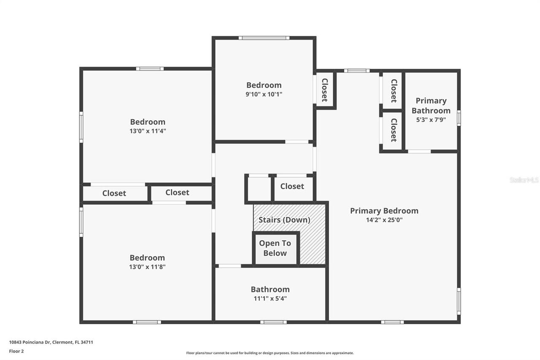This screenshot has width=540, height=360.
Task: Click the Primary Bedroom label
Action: (384, 211)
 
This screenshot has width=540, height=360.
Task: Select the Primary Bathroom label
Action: (431, 106)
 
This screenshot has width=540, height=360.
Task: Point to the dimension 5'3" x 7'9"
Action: (431, 119)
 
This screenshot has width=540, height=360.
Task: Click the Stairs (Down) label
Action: (284, 220)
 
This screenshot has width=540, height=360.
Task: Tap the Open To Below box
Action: (275, 248)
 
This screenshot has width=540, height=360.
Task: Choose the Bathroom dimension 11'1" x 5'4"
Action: (270, 298)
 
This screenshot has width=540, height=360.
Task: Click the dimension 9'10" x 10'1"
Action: (264, 94)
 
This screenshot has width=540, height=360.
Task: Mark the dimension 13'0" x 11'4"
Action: (147, 131)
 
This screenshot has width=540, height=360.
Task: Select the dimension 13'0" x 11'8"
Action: (147, 267)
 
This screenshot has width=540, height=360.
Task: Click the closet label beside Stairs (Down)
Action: (292, 186)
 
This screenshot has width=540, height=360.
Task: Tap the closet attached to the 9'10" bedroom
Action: (324, 90)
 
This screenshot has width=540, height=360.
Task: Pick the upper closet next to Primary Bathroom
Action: (393, 91)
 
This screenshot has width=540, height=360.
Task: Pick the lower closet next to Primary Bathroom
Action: (393, 130)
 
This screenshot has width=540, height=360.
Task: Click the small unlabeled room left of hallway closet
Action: (258, 188)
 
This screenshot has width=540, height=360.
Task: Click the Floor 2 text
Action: (16, 351)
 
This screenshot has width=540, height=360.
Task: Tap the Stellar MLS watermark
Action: (524, 180)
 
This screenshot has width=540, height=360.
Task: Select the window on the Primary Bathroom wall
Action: (459, 118)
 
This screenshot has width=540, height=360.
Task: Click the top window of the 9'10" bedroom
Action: (264, 38)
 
